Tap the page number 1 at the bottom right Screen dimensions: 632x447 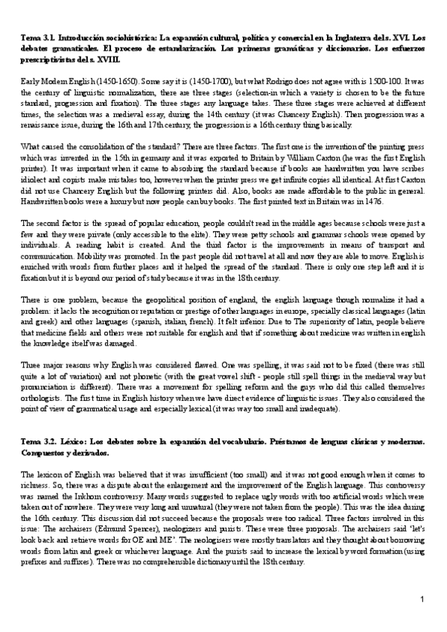click(x=422, y=600)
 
